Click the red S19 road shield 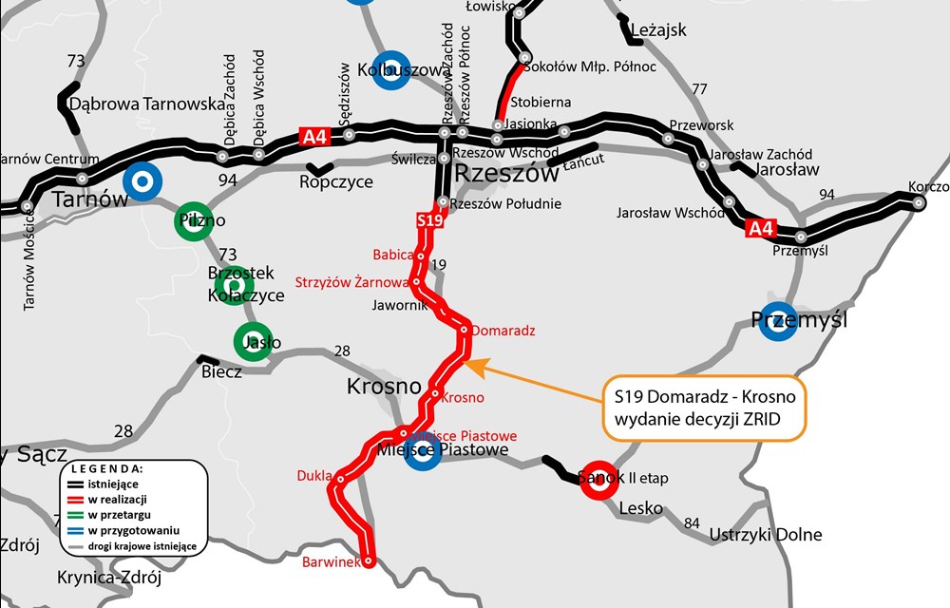coord(430,220)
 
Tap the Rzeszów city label coord(505,174)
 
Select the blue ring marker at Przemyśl coord(778,320)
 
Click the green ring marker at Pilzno coord(194,220)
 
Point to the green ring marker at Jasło coord(252,342)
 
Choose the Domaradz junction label coord(503,331)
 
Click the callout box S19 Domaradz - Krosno coord(705,410)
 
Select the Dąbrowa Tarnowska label coord(147,104)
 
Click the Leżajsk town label coord(656,30)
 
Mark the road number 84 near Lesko coord(692,522)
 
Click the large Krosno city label coord(384,387)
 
